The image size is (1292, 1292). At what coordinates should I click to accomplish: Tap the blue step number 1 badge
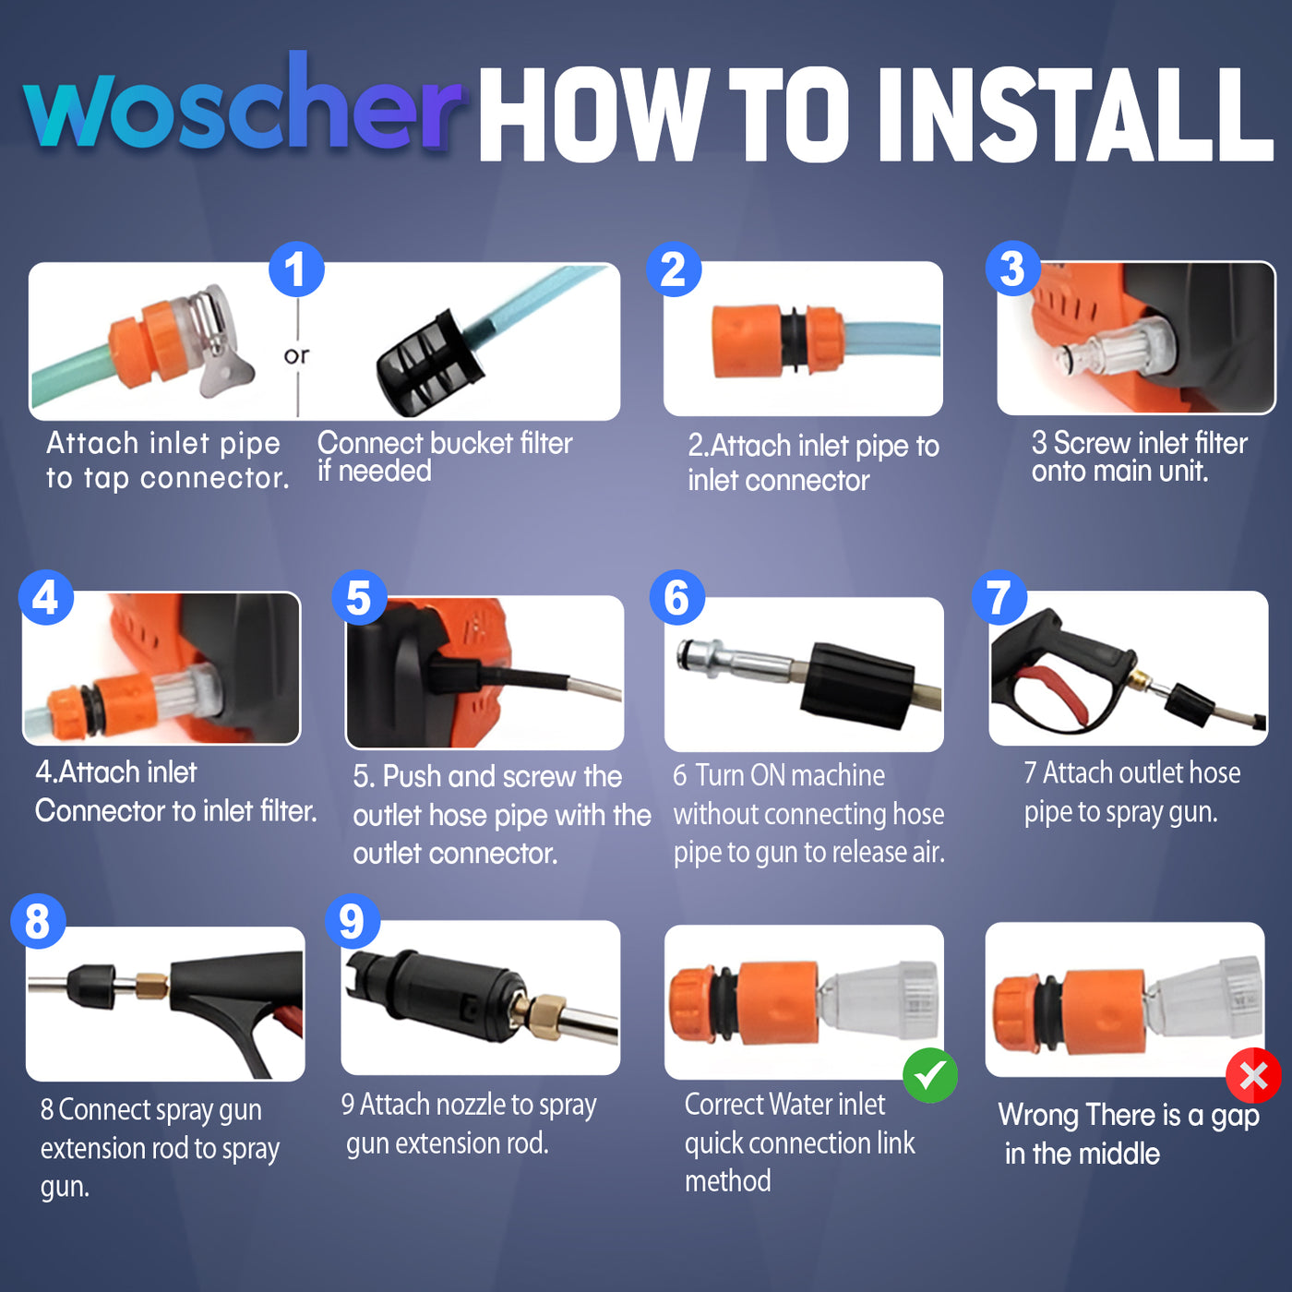pyautogui.click(x=296, y=269)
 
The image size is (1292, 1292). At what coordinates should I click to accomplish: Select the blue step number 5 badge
pyautogui.click(x=359, y=597)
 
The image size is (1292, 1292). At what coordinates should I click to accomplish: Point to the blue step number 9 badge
pyautogui.click(x=352, y=921)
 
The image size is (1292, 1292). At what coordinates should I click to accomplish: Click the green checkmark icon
pyautogui.click(x=930, y=1075)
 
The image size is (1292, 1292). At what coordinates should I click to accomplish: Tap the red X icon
pyautogui.click(x=1253, y=1075)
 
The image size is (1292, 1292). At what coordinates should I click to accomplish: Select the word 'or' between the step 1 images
pyautogui.click(x=296, y=355)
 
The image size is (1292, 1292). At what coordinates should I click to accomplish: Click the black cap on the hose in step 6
pyautogui.click(x=858, y=686)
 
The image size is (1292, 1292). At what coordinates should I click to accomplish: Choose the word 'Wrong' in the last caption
pyautogui.click(x=1039, y=1114)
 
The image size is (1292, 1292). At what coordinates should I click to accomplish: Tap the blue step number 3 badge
pyautogui.click(x=1012, y=269)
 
